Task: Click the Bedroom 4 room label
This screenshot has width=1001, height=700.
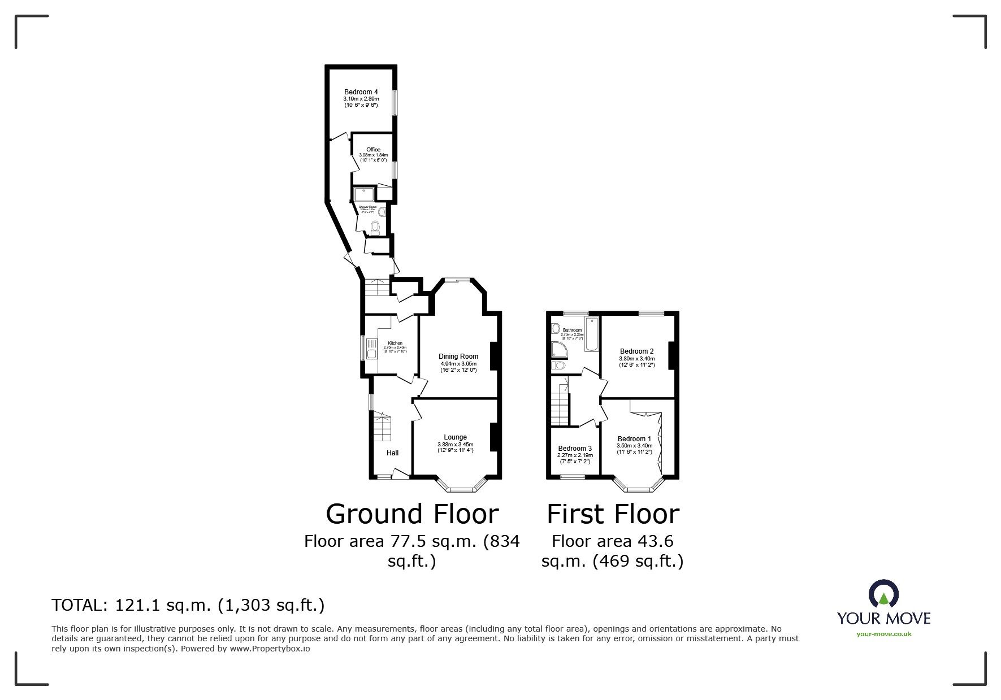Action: tap(361, 92)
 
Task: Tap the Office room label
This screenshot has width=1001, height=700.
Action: tap(373, 150)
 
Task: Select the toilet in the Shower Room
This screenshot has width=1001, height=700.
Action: tap(374, 228)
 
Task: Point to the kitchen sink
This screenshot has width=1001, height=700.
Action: tap(371, 354)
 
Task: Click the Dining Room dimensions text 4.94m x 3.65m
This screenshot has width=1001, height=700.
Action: tap(458, 363)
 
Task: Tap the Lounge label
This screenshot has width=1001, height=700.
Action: tap(455, 437)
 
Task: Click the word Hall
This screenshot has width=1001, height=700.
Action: tap(392, 453)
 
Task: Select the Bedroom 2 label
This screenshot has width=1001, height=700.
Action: tap(636, 351)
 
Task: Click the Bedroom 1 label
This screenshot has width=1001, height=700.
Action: tap(634, 438)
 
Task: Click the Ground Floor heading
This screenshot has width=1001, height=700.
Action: tap(412, 514)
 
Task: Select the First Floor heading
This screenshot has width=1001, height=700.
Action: tap(613, 514)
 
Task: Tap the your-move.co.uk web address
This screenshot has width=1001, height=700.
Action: tap(883, 634)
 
